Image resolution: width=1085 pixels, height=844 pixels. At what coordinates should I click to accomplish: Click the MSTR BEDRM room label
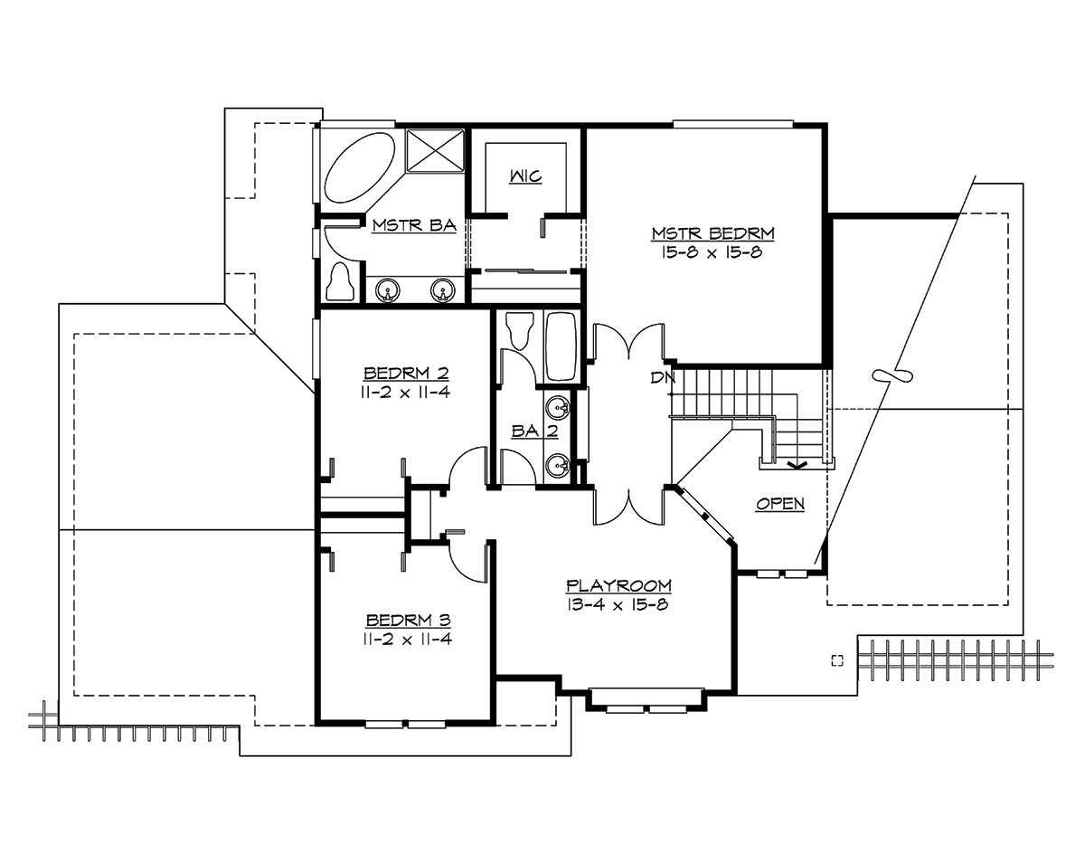(713, 233)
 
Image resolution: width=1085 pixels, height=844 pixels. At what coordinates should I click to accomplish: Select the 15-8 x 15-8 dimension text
(713, 252)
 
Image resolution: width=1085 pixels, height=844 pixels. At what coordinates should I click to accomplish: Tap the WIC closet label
(525, 176)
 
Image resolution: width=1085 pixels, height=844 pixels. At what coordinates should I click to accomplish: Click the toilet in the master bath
(341, 283)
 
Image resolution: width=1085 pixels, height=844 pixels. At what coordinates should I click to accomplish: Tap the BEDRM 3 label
(408, 621)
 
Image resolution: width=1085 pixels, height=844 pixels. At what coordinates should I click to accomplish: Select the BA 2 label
(534, 432)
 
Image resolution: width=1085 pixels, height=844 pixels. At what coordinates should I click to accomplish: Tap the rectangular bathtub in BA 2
(561, 346)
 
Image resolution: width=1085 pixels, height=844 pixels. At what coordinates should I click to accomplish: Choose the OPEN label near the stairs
(779, 504)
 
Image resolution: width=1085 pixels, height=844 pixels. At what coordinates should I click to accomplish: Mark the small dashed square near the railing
(836, 659)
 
